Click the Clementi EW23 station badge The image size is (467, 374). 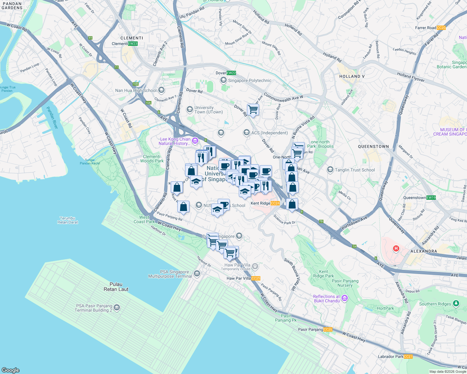(133, 44)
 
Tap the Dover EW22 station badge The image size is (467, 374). (231, 73)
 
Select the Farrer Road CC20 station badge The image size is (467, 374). (441, 28)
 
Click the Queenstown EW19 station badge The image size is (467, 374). (431, 198)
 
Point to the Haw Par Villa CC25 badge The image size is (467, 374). (256, 278)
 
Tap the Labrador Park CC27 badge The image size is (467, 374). (408, 357)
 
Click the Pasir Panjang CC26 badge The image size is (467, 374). (328, 329)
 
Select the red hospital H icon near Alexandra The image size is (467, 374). (396, 248)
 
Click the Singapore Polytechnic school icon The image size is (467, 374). (223, 80)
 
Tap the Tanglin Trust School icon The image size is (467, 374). (330, 170)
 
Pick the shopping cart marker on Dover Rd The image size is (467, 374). (253, 110)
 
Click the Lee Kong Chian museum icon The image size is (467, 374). (195, 141)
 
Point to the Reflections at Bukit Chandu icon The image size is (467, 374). (345, 298)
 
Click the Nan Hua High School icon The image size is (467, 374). (161, 90)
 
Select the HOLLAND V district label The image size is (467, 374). (352, 76)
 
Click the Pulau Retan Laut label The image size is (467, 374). (116, 287)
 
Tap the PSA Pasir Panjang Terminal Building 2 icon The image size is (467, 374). (117, 308)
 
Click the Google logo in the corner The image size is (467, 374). (11, 370)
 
